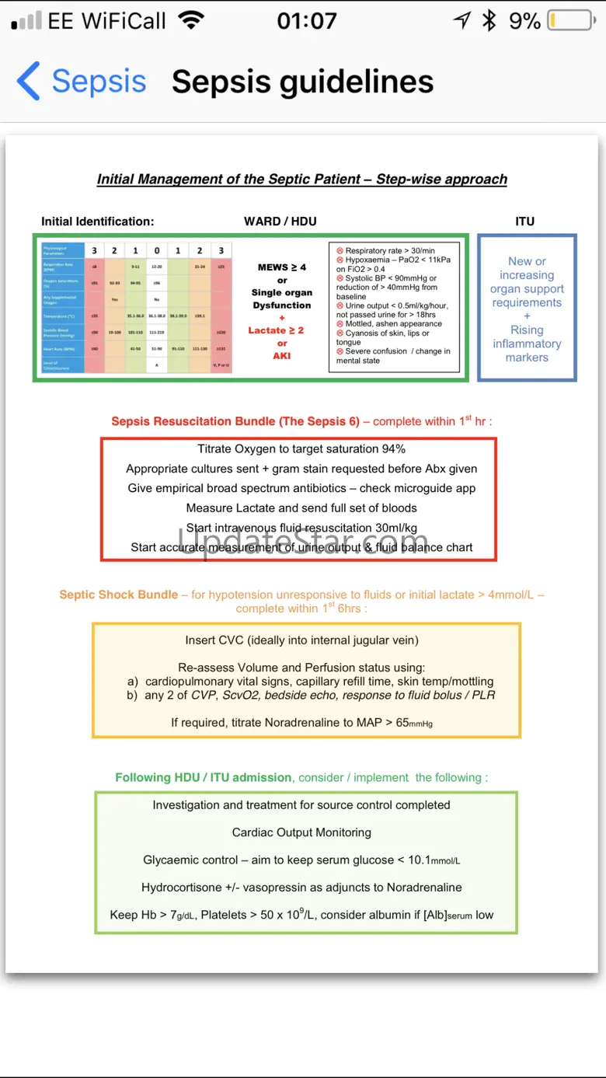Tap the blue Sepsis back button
(x=82, y=82)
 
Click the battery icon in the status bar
(x=571, y=21)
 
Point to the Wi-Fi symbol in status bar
(x=190, y=21)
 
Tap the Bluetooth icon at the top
(x=489, y=21)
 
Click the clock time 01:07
(x=307, y=21)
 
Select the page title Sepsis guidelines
(x=302, y=82)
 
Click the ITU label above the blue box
(x=525, y=222)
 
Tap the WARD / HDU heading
(x=280, y=222)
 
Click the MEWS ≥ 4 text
(x=281, y=267)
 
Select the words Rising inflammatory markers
(x=527, y=344)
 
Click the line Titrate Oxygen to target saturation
(x=301, y=449)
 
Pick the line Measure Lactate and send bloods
(x=301, y=508)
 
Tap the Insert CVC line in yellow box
(x=301, y=641)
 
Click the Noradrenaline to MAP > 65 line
(x=301, y=723)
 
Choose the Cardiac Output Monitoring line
(x=301, y=832)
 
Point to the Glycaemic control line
(x=301, y=860)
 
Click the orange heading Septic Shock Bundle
(x=119, y=595)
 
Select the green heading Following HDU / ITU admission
(x=204, y=777)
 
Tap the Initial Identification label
(x=98, y=222)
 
